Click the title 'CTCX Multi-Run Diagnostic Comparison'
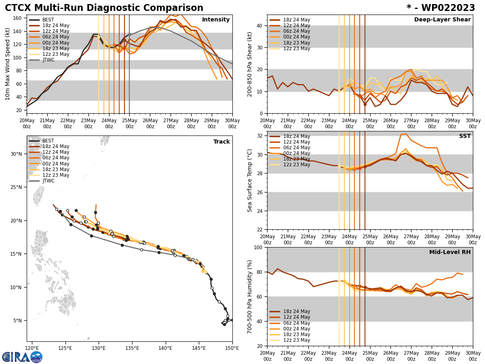click(x=104, y=8)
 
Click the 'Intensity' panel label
click(x=216, y=20)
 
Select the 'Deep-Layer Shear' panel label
click(x=442, y=20)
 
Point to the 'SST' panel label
click(x=465, y=136)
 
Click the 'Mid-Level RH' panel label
click(x=450, y=252)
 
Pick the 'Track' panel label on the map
click(x=221, y=142)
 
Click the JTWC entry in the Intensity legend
click(x=48, y=60)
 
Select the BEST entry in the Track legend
click(x=48, y=141)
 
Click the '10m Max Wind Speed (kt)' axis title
click(x=8, y=64)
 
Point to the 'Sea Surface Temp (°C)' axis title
click(x=250, y=180)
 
